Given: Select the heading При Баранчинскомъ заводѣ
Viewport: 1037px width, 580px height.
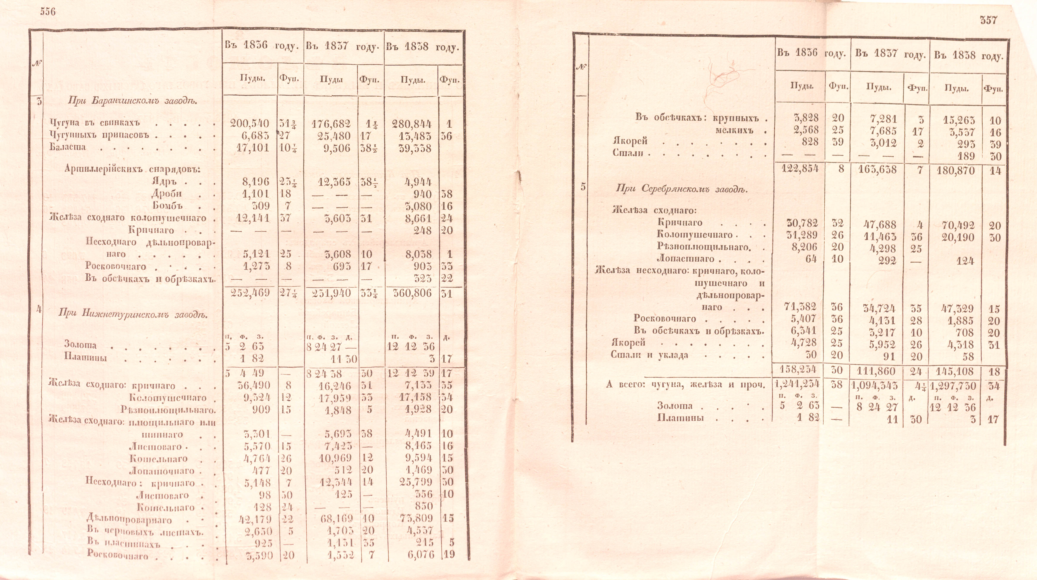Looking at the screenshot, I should point(133,101).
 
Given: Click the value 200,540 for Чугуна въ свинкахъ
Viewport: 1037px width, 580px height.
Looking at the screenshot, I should point(249,124).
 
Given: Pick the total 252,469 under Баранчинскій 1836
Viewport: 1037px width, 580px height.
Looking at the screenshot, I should point(249,293).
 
